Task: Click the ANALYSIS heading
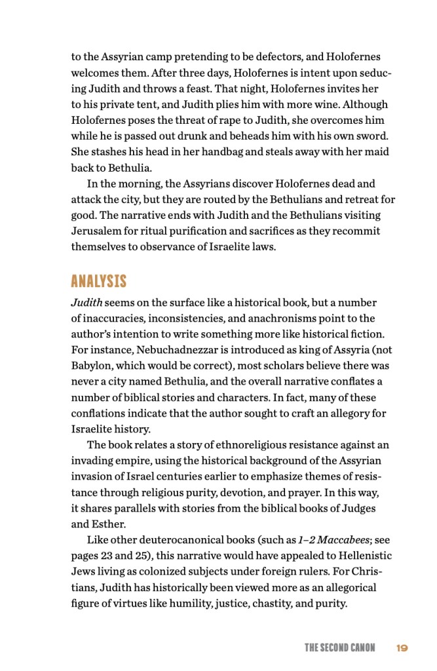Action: [98, 282]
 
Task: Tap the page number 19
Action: [402, 648]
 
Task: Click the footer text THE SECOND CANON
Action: [339, 648]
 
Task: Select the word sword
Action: [373, 136]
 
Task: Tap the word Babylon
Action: [91, 366]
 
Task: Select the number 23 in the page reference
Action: [107, 556]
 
